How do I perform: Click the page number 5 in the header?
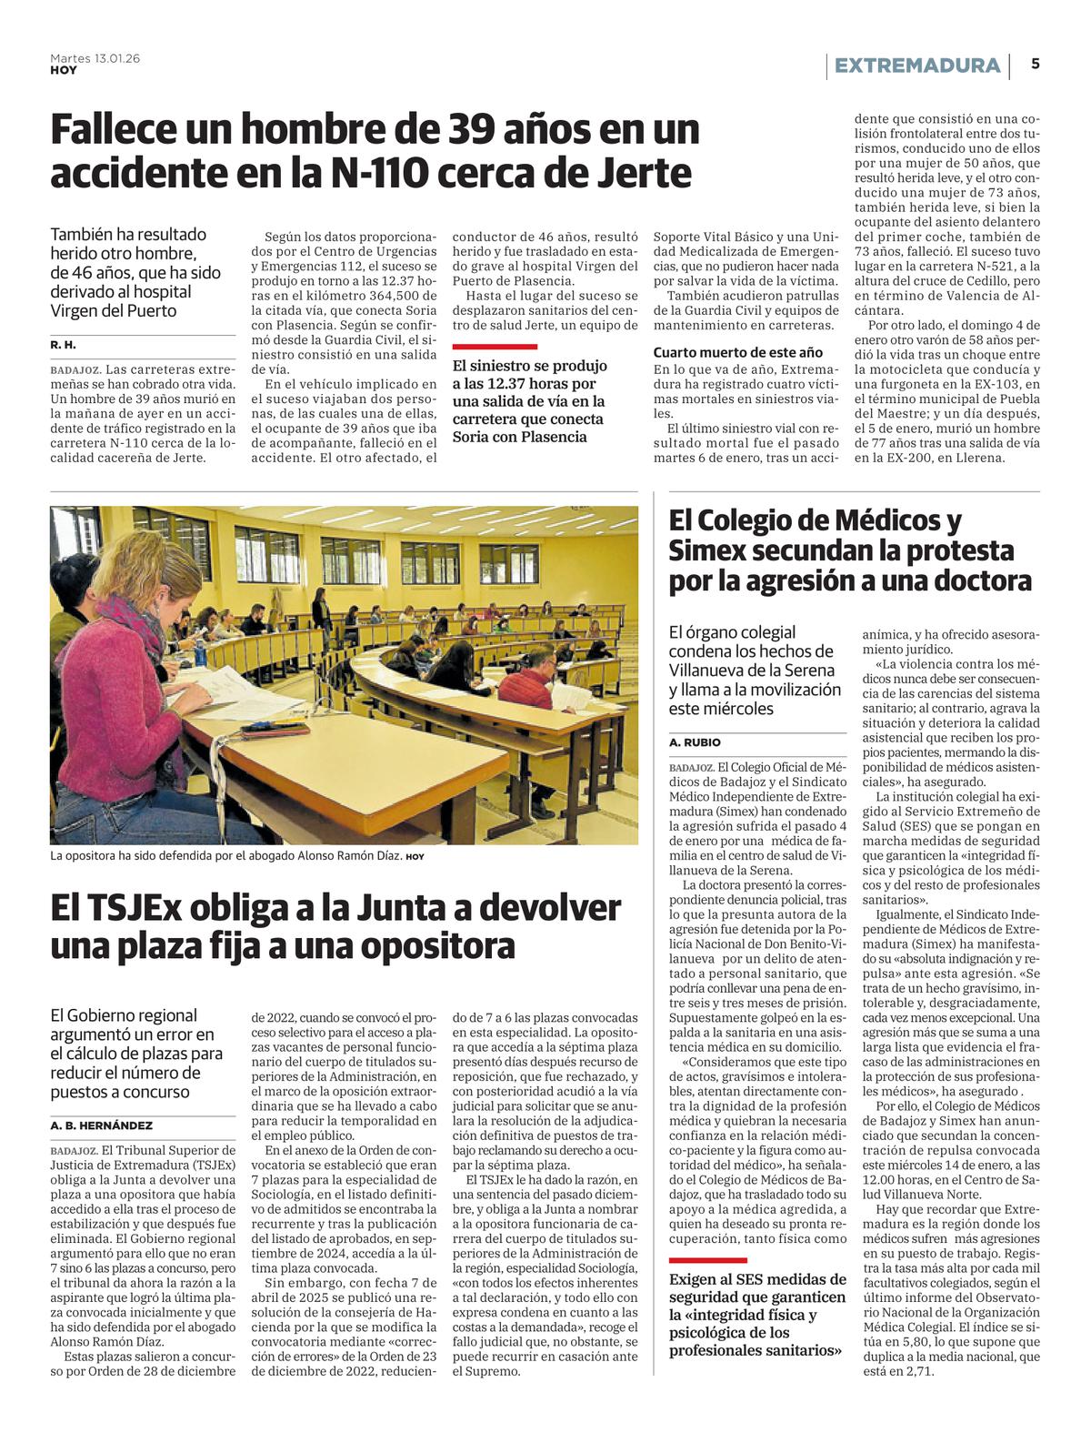(1036, 65)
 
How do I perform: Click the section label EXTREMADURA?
(916, 66)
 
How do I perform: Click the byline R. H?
(63, 346)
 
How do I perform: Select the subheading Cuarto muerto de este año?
(737, 352)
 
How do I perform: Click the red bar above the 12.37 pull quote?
(495, 347)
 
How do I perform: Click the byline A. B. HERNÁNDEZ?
(101, 1125)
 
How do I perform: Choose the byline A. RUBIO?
(695, 742)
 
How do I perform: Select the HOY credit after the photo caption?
(415, 857)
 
